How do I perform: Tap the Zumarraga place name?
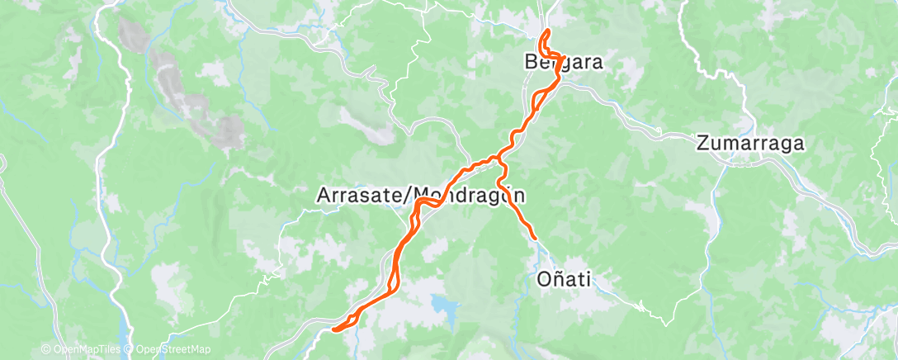click(750, 142)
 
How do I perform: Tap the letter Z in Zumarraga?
click(703, 142)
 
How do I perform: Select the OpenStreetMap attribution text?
click(173, 350)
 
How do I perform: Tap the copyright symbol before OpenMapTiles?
click(45, 350)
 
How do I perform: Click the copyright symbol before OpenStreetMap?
click(130, 350)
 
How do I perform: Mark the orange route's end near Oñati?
click(535, 239)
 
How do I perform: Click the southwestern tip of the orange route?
click(335, 329)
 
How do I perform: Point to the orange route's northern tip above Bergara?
click(548, 31)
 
